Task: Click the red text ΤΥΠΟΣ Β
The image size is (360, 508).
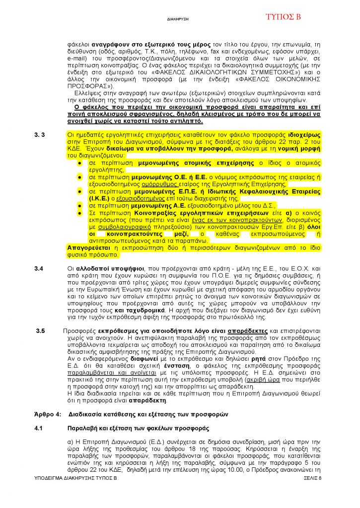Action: point(283,17)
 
